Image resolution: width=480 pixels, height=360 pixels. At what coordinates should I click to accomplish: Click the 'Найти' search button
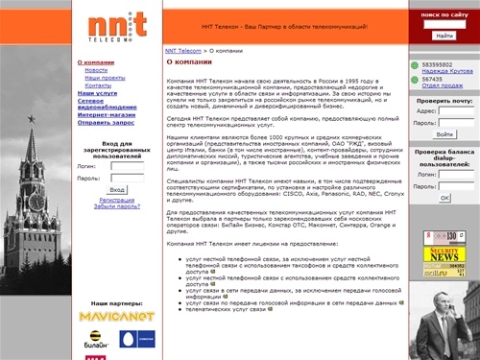tap(443, 35)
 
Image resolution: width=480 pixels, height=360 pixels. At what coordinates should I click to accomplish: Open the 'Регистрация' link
tap(117, 200)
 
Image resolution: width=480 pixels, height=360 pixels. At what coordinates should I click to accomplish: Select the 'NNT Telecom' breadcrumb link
tap(184, 49)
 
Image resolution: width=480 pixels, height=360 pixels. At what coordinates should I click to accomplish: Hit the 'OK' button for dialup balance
tap(444, 199)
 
